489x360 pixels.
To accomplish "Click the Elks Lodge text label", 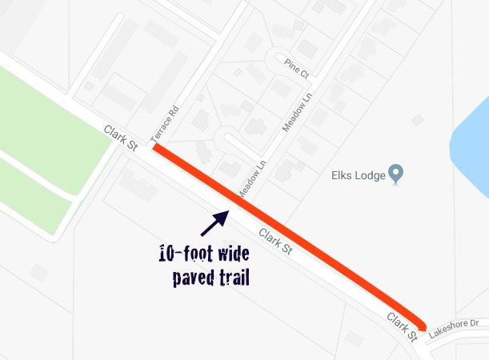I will point(357,174).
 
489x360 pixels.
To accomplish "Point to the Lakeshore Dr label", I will point(452,326).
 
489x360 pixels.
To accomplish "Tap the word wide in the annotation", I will point(232,255).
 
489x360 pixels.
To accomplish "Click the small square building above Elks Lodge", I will point(417,120).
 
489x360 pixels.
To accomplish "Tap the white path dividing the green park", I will point(40,178).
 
